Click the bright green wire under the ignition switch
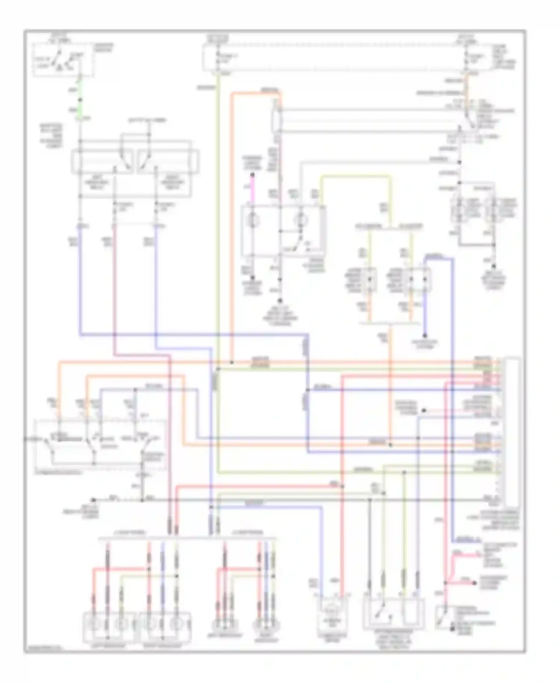pyautogui.click(x=80, y=101)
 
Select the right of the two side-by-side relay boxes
pyautogui.click(x=167, y=161)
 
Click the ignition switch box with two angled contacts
pyautogui.click(x=62, y=60)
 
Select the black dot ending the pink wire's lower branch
pyautogui.click(x=475, y=583)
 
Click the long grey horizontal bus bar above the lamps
pyautogui.click(x=187, y=538)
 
